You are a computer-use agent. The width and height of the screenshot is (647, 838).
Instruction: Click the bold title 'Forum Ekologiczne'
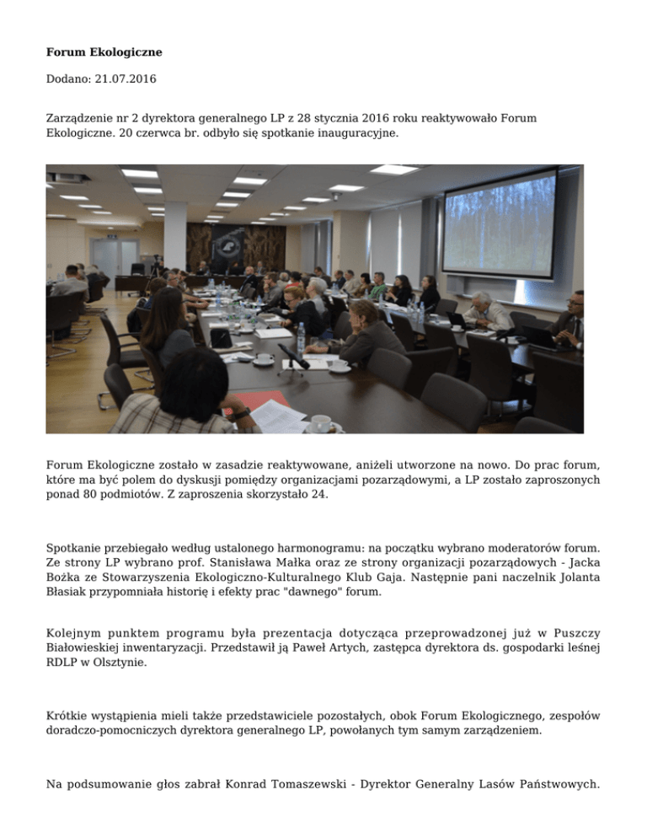pos(104,52)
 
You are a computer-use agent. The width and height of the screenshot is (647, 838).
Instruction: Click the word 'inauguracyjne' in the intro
pos(342,133)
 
